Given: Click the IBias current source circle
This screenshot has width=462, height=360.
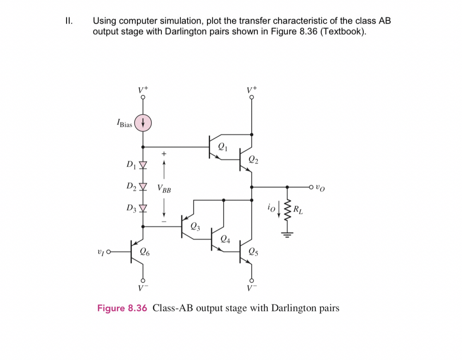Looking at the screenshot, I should (143, 122).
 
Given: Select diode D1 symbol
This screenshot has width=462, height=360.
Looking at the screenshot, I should (143, 165).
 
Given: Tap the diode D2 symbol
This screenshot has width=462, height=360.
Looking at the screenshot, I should (143, 186).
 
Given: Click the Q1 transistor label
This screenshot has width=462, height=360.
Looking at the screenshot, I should (222, 146).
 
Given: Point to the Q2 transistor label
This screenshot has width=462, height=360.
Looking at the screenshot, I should (253, 160).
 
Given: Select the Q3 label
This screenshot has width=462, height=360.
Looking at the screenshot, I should (195, 226).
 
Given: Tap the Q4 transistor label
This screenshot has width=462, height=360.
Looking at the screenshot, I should (225, 239).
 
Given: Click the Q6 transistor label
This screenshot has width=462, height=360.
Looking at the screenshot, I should (145, 252).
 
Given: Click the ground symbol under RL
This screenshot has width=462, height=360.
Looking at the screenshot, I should (287, 234).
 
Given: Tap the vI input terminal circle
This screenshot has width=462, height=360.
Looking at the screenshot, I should (109, 252).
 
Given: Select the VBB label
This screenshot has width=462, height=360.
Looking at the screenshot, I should (164, 189).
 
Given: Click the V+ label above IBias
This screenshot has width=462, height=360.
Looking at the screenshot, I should (143, 90).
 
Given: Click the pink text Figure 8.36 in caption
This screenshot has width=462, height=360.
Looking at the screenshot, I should (122, 308).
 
